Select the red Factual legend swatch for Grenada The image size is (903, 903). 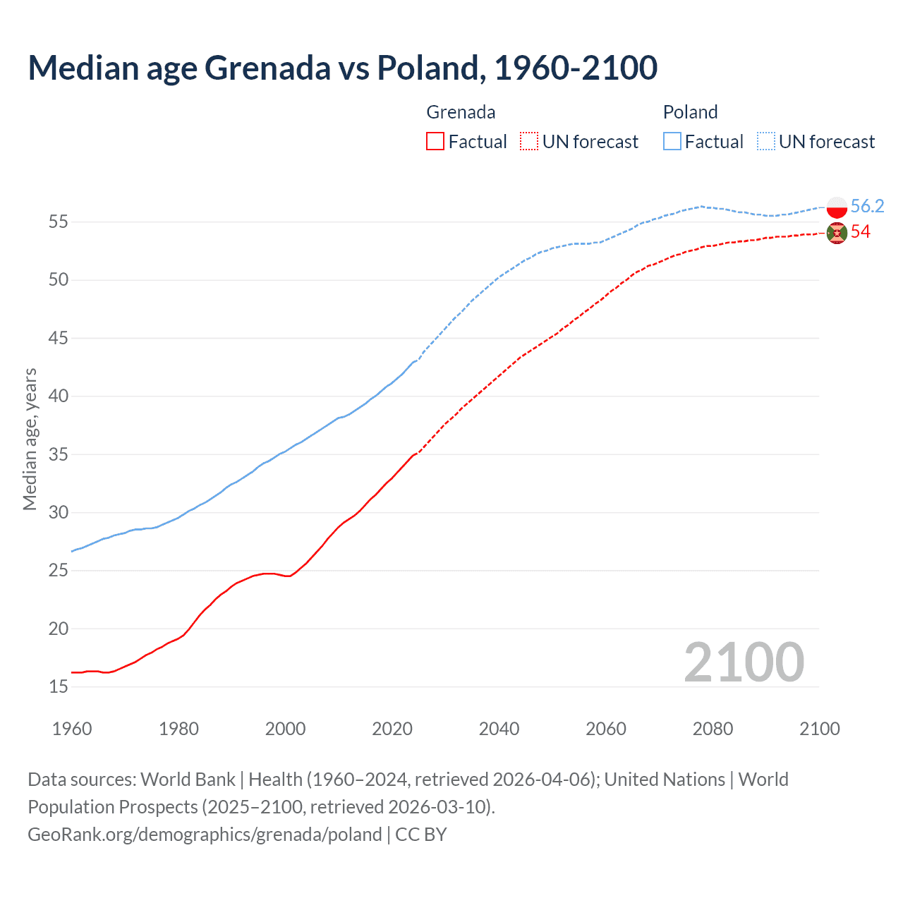point(435,142)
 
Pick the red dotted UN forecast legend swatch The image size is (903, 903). point(529,142)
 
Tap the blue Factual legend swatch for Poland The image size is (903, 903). point(672,142)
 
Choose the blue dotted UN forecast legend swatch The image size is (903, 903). point(766,142)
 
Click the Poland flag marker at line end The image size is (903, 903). point(837,207)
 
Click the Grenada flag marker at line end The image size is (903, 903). point(837,232)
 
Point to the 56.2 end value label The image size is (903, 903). point(867,206)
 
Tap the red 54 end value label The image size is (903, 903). point(861,232)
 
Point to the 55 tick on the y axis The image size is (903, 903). point(59,222)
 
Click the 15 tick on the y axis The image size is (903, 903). point(59,686)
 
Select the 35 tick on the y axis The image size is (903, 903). point(59,454)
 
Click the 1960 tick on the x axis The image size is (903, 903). point(72,729)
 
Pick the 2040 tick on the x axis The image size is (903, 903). point(499,729)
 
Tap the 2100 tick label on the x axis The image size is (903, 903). point(819,729)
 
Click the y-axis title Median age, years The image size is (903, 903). point(30,439)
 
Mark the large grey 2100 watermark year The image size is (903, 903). point(744,662)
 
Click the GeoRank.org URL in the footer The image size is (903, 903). point(205,835)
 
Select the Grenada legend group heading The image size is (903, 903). point(461,112)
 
